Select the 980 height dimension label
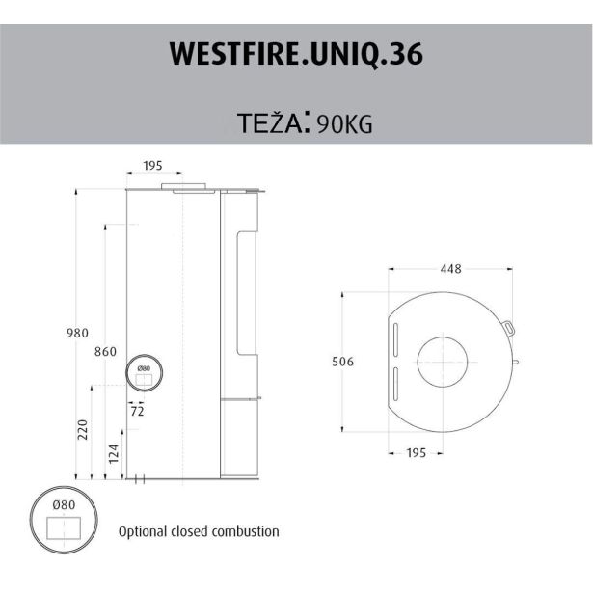(77, 333)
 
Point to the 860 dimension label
(105, 351)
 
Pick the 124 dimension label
(114, 453)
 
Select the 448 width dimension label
(450, 269)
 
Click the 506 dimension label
(342, 362)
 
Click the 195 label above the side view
(152, 165)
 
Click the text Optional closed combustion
(199, 531)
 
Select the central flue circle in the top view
(445, 364)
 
